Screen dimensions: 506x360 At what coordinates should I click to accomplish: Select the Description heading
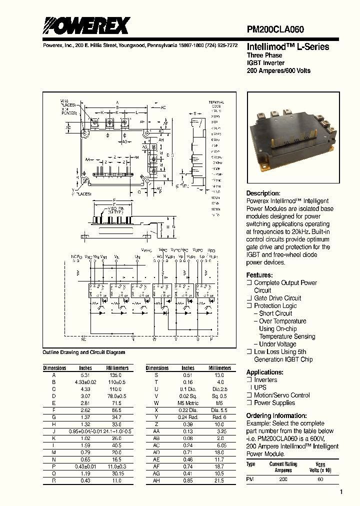263,193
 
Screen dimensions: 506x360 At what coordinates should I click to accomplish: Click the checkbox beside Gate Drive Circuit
249,298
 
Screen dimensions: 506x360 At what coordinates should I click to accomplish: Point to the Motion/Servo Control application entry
282,395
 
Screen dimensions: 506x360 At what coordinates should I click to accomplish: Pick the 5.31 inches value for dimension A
86,374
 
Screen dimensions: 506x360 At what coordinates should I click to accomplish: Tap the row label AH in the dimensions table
156,480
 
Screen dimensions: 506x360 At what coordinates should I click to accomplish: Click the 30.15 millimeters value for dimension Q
117,473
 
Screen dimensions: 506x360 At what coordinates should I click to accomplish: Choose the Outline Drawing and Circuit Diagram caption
84,352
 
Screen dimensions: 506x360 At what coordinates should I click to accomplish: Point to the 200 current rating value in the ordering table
283,479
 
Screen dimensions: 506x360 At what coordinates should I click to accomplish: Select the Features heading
259,275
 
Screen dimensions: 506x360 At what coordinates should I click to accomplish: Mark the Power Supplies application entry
274,402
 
